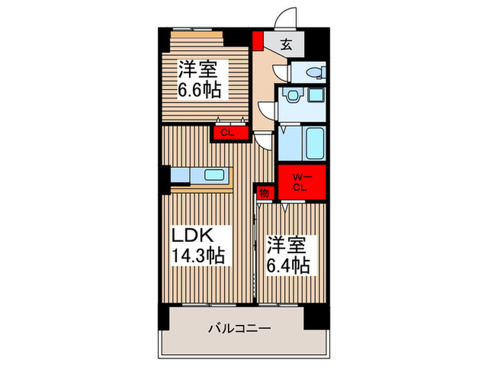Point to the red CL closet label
(227, 132)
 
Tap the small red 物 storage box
(264, 192)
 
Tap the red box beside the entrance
(258, 40)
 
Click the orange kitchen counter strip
(201, 188)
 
